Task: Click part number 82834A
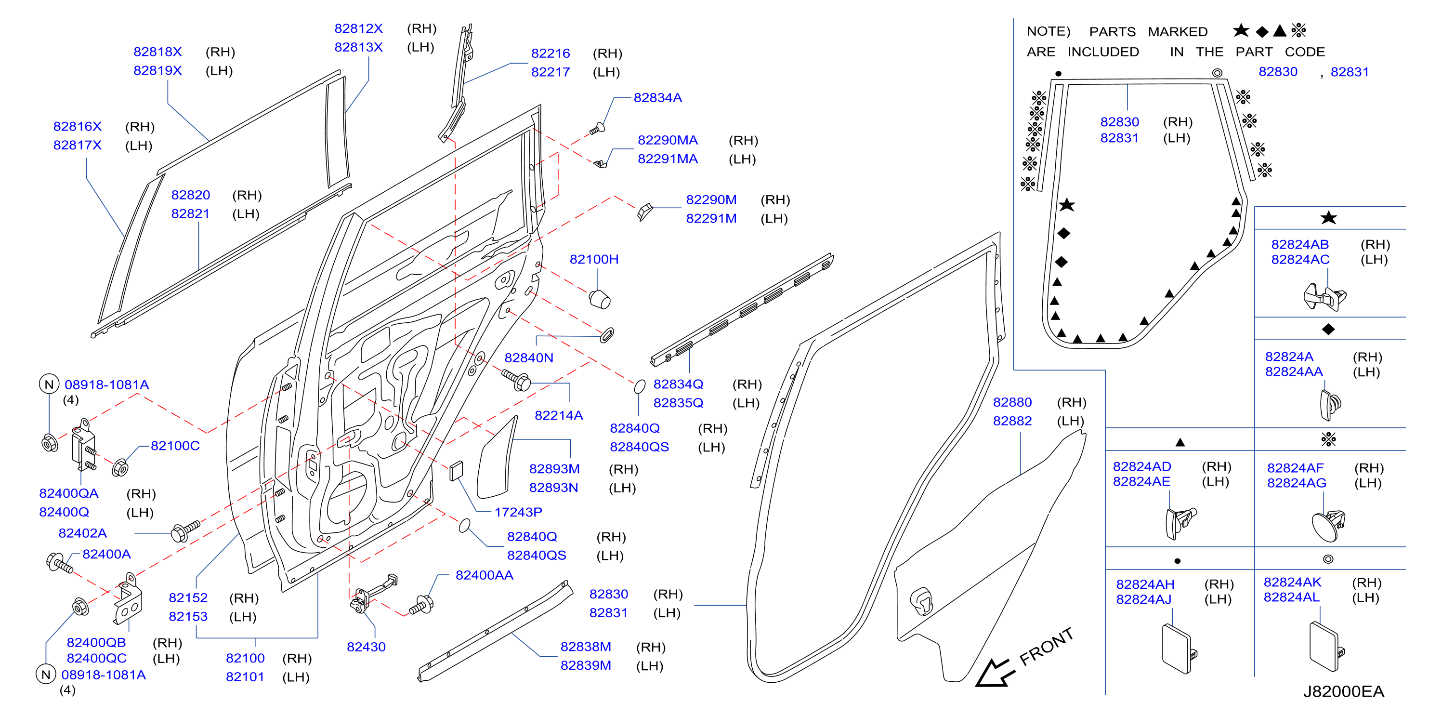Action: coord(658,98)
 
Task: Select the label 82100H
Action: coord(594,259)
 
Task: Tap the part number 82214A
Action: coord(559,415)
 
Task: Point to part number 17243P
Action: coord(518,512)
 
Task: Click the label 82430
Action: coord(366,647)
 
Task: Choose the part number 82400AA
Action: coord(484,576)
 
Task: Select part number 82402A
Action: coord(82,533)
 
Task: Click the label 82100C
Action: coord(175,446)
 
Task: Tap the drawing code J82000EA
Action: coord(1343,691)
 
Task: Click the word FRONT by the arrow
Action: coord(1046,647)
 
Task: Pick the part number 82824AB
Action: coord(1300,245)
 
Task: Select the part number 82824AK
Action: coord(1292,583)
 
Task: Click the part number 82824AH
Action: coord(1145,584)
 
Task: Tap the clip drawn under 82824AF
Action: coord(1328,525)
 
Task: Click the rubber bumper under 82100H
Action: coord(600,298)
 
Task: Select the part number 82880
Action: coord(1012,403)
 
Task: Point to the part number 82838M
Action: coord(586,647)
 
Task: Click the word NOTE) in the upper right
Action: coord(1048,31)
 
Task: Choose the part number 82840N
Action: coord(529,358)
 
